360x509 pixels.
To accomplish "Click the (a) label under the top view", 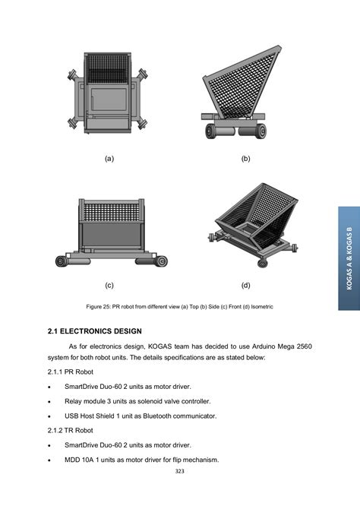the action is pyautogui.click(x=109, y=159).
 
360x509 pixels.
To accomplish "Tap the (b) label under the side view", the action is pyautogui.click(x=246, y=159).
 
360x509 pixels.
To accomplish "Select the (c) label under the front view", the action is pyautogui.click(x=109, y=285).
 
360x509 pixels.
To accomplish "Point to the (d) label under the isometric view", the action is pyautogui.click(x=246, y=285).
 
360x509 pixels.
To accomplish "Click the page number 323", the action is pyautogui.click(x=179, y=471).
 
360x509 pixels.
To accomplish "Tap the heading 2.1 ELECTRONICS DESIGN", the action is pyautogui.click(x=95, y=331).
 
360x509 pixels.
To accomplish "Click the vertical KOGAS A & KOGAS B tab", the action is pyautogui.click(x=349, y=258).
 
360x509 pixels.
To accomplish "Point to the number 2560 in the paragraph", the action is pyautogui.click(x=304, y=346).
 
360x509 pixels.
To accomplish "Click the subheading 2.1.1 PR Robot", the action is pyautogui.click(x=71, y=371).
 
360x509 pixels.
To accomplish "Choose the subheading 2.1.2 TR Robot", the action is pyautogui.click(x=71, y=430).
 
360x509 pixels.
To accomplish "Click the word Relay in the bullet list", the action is pyautogui.click(x=73, y=401).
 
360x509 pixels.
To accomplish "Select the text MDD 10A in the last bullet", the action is pyautogui.click(x=77, y=460).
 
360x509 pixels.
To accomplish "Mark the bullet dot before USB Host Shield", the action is pyautogui.click(x=49, y=416).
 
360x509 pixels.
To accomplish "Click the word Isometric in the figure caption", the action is pyautogui.click(x=262, y=306).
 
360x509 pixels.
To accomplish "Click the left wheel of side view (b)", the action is pyautogui.click(x=211, y=131).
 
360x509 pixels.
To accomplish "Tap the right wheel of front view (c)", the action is pyautogui.click(x=161, y=261).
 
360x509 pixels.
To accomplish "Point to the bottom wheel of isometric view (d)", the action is pyautogui.click(x=263, y=263).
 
